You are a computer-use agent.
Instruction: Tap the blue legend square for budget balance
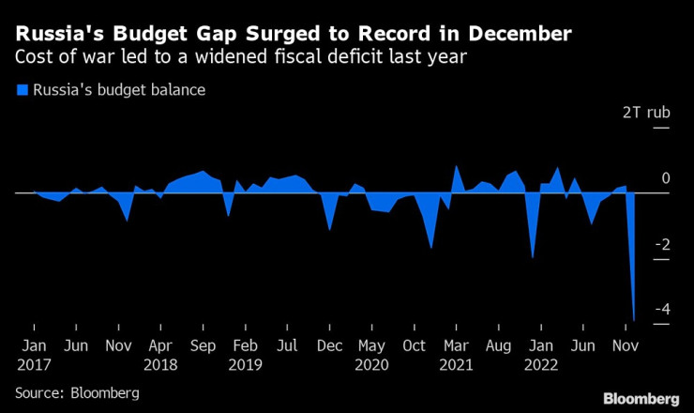21,91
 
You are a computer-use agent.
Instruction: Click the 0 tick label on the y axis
640,178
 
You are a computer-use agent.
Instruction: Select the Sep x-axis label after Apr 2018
203,344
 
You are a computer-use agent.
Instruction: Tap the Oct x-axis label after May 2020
415,344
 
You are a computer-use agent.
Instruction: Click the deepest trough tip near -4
634,320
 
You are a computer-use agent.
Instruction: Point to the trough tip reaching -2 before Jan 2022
533,257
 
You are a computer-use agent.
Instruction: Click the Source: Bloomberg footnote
76,390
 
